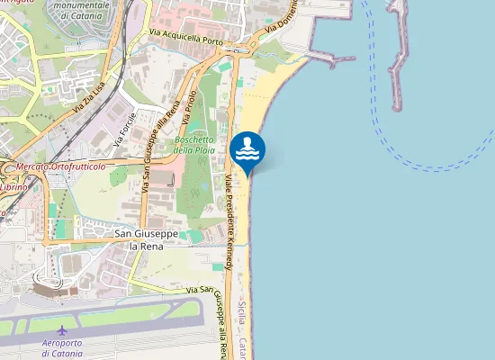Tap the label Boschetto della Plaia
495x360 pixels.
194,145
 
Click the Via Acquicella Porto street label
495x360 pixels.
185,38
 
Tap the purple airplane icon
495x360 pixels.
61,330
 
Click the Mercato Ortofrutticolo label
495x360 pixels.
58,166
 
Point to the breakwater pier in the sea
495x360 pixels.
398,54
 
